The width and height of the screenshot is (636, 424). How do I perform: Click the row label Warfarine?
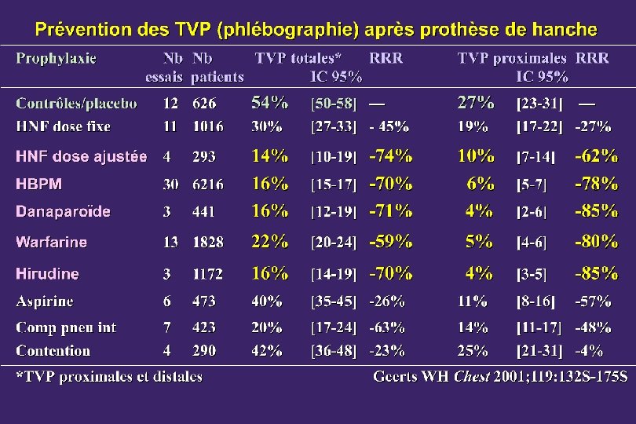coord(52,242)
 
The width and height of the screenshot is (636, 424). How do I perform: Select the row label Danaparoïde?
coord(63,211)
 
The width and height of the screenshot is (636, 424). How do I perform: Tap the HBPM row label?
coord(39,185)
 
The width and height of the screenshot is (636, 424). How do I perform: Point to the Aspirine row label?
coord(45,302)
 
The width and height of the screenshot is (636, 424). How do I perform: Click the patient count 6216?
coord(207,185)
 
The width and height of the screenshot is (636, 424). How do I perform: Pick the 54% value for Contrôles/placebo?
coord(270,103)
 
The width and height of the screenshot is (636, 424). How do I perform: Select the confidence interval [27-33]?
coord(334,127)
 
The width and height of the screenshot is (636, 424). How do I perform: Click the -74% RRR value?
coord(390,156)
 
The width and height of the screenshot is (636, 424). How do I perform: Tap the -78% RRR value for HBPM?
coord(596,184)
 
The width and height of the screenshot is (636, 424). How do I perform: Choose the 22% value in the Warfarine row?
coord(270,242)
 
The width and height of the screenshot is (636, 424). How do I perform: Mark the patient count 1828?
coord(207,242)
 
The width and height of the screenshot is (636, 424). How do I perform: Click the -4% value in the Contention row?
coord(589,351)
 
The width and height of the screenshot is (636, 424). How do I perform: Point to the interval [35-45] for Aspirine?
coord(334,302)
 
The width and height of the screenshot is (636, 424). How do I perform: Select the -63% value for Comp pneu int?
coord(387,327)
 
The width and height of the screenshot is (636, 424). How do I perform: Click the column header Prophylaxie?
coord(56,59)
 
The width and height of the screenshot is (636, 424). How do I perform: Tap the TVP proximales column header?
coord(512,58)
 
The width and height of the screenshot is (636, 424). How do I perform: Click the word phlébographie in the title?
coord(288,31)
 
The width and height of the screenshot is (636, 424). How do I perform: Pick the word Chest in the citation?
coord(471,377)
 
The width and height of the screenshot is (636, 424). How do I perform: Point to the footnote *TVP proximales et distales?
coord(109,377)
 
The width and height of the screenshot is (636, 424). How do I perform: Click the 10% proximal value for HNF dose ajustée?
coord(476,156)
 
